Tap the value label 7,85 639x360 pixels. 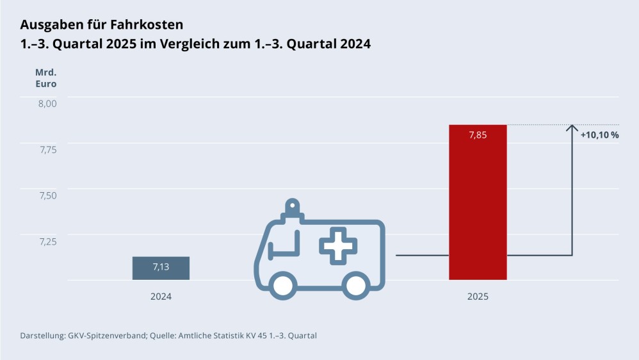pos(478,135)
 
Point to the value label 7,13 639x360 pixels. pos(161,267)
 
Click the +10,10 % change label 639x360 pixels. pos(599,135)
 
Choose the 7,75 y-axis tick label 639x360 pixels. pos(45,149)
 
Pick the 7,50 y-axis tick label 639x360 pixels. pos(45,195)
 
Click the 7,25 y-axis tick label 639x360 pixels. pos(45,241)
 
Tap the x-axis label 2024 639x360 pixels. pos(161,297)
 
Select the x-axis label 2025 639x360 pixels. pos(478,297)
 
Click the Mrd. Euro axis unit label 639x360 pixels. pos(45,78)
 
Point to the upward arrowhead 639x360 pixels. pos(572,128)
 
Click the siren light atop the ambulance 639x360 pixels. pos(292,208)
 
